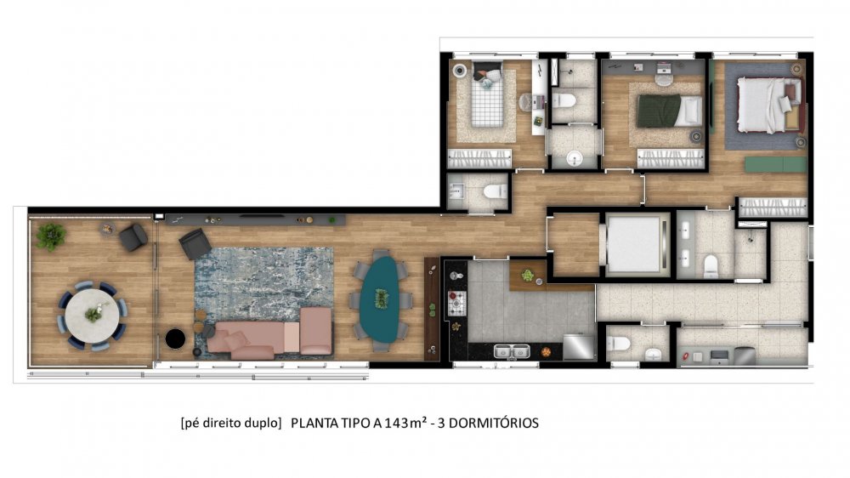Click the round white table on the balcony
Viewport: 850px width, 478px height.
tap(92, 316)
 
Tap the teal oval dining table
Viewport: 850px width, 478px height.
tap(381, 299)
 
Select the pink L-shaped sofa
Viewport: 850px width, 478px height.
tap(270, 333)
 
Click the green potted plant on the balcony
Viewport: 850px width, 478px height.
tap(51, 236)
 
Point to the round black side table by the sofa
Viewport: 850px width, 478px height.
tap(175, 339)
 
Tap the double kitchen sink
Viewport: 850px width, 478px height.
tap(511, 351)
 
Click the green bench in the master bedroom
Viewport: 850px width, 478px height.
tap(776, 164)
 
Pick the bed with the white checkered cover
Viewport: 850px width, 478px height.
tap(487, 98)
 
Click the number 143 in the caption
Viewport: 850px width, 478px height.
tap(397, 424)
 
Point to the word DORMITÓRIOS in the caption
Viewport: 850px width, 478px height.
tap(494, 424)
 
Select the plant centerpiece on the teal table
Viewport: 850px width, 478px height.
tap(382, 299)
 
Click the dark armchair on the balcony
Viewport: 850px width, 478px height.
tap(133, 237)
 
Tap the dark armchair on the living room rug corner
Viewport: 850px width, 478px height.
tap(195, 243)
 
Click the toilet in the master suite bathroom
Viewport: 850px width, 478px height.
tap(711, 266)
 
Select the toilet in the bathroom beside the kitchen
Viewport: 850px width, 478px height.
tap(618, 344)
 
